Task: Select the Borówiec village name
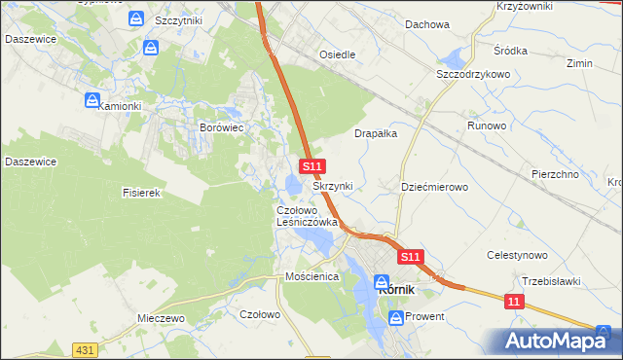pos(220,127)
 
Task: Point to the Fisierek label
pos(141,193)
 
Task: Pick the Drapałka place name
pos(376,134)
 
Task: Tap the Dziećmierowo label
pos(435,186)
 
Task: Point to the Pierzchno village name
pos(556,173)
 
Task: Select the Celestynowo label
pos(517,255)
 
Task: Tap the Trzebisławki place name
pos(551,281)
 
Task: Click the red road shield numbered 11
pos(515,303)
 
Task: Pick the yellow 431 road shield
pos(85,349)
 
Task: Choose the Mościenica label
pos(311,276)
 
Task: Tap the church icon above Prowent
pos(396,316)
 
